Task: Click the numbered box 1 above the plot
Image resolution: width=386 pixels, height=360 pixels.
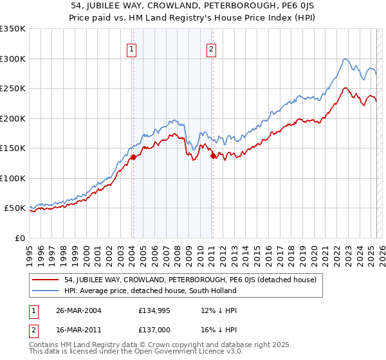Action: [x=132, y=48]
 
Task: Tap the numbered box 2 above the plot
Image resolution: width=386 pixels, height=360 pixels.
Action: [x=211, y=48]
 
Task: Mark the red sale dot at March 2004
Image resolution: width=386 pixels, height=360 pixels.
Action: [x=133, y=157]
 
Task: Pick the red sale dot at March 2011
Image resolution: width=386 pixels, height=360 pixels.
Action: [x=213, y=156]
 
